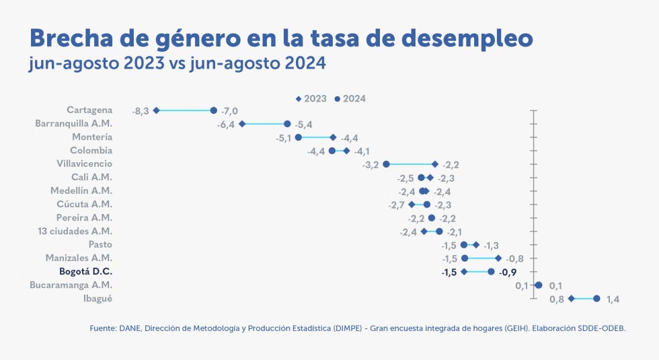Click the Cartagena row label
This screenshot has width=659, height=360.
pos(89,110)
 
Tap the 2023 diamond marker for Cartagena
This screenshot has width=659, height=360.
pos(156,110)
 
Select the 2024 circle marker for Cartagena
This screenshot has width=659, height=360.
pos(214,110)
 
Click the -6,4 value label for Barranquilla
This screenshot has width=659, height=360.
pos(225,124)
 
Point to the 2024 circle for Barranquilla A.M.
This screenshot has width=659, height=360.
pos(287,124)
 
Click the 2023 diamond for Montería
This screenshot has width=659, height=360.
pos(333,137)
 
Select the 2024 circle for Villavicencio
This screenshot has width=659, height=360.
pos(386,164)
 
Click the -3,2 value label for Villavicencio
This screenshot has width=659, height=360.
pos(371,164)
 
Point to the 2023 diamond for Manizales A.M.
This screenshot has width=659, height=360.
pos(498,258)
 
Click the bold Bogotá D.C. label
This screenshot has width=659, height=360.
pos(85,272)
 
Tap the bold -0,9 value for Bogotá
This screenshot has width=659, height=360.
pos(508,272)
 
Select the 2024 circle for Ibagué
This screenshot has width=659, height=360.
pos(596,299)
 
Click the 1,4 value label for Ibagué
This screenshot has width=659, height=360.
pos(613,299)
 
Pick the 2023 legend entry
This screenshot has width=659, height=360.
pos(311,99)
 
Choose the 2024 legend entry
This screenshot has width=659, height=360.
pos(350,99)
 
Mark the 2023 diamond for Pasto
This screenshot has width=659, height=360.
pos(476,245)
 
